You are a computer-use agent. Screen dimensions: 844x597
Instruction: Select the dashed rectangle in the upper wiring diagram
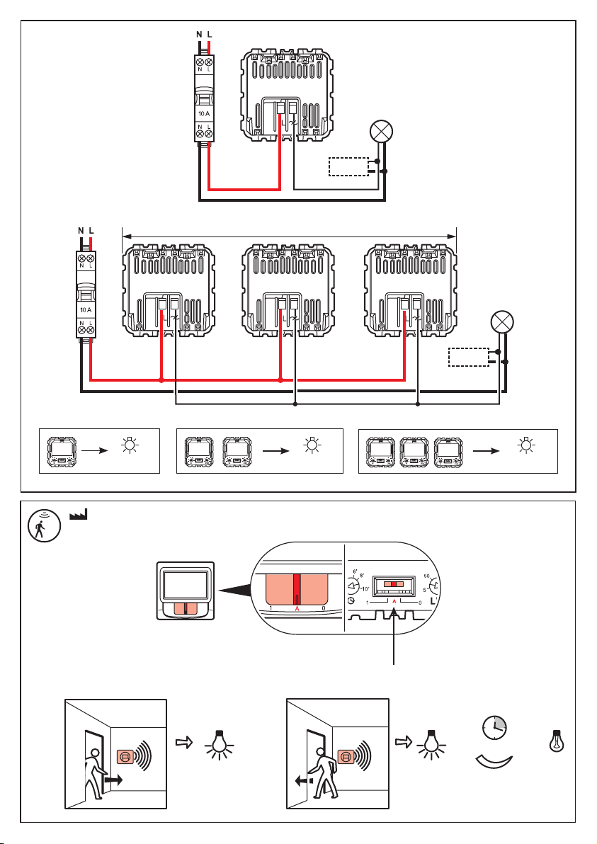click(x=348, y=167)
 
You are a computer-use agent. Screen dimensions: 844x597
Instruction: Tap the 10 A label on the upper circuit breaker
click(x=204, y=113)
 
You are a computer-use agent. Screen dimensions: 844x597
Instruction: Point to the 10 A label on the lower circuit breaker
click(x=86, y=311)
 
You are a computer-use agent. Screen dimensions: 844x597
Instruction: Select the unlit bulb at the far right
click(x=557, y=739)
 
